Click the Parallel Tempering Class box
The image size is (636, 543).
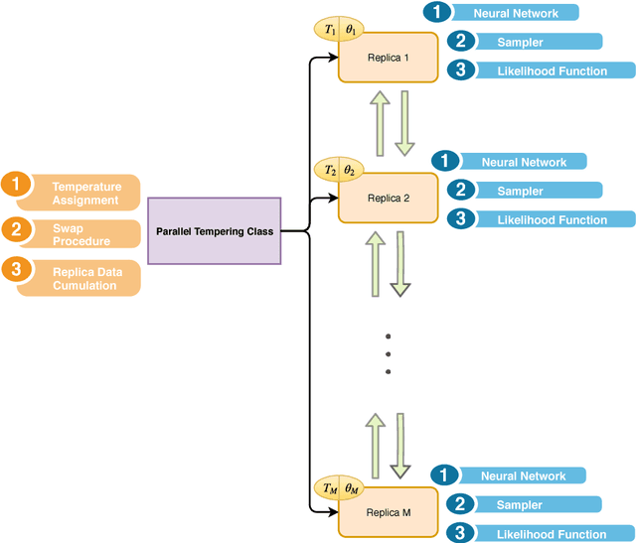pos(215,231)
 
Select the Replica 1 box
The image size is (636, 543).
pos(388,58)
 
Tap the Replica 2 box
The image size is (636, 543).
pos(388,198)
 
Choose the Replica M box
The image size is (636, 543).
pos(388,512)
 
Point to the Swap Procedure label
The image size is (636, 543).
pos(81,234)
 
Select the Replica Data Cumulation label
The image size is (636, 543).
pos(84,278)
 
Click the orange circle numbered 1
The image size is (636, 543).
pos(15,185)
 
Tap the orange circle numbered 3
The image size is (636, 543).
pos(15,269)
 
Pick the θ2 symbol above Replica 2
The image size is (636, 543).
pos(350,171)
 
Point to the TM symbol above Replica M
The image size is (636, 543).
pos(330,487)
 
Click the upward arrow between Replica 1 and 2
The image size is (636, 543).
pos(378,121)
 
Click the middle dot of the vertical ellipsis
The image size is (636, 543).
pos(389,352)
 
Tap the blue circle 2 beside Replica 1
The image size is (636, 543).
pos(460,42)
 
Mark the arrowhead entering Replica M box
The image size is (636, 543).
pos(333,512)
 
